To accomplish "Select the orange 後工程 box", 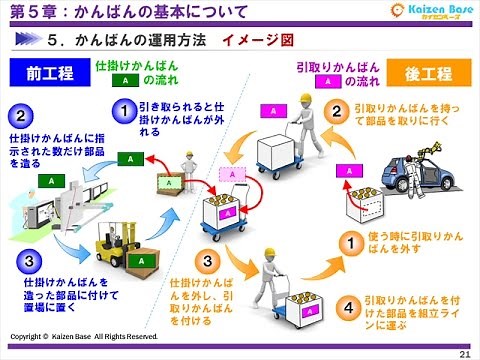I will [x=425, y=74].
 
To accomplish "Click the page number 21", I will [x=464, y=352].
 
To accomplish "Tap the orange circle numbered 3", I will [x=204, y=261].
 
